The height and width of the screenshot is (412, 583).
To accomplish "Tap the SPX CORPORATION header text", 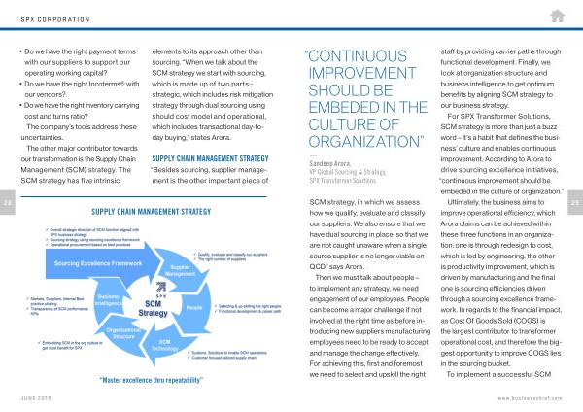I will click(x=50, y=17).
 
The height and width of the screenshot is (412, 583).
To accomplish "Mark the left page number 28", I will click(x=7, y=203).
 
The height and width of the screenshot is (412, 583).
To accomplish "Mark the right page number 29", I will click(x=575, y=203).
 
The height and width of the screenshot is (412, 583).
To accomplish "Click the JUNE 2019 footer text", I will click(x=38, y=398).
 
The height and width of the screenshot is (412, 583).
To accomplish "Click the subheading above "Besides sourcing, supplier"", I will click(x=210, y=158).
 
